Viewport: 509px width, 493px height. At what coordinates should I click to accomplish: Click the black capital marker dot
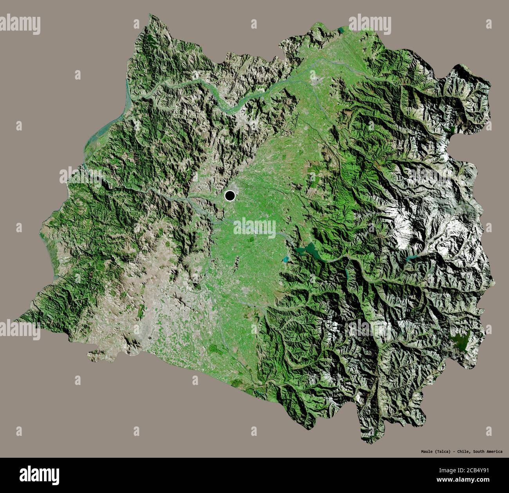click(230, 195)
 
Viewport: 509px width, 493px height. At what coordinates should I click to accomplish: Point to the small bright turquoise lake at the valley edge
click(285, 259)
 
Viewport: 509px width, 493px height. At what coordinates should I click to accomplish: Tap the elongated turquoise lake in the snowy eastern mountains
click(412, 258)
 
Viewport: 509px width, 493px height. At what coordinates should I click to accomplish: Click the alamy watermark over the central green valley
click(254, 226)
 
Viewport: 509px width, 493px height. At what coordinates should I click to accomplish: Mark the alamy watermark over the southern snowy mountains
click(370, 329)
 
